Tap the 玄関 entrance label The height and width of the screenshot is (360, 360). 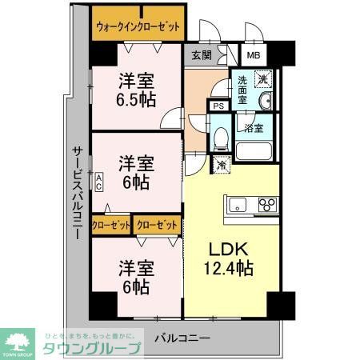(202, 55)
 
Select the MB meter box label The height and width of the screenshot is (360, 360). (253, 55)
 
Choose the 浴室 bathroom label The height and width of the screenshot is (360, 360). (254, 127)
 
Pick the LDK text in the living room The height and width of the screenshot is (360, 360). (226, 248)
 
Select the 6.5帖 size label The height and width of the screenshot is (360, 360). (137, 99)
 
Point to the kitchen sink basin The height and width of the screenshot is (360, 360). (238, 206)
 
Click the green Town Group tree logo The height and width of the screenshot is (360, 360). (20, 340)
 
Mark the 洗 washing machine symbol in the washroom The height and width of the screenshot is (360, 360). (262, 80)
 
